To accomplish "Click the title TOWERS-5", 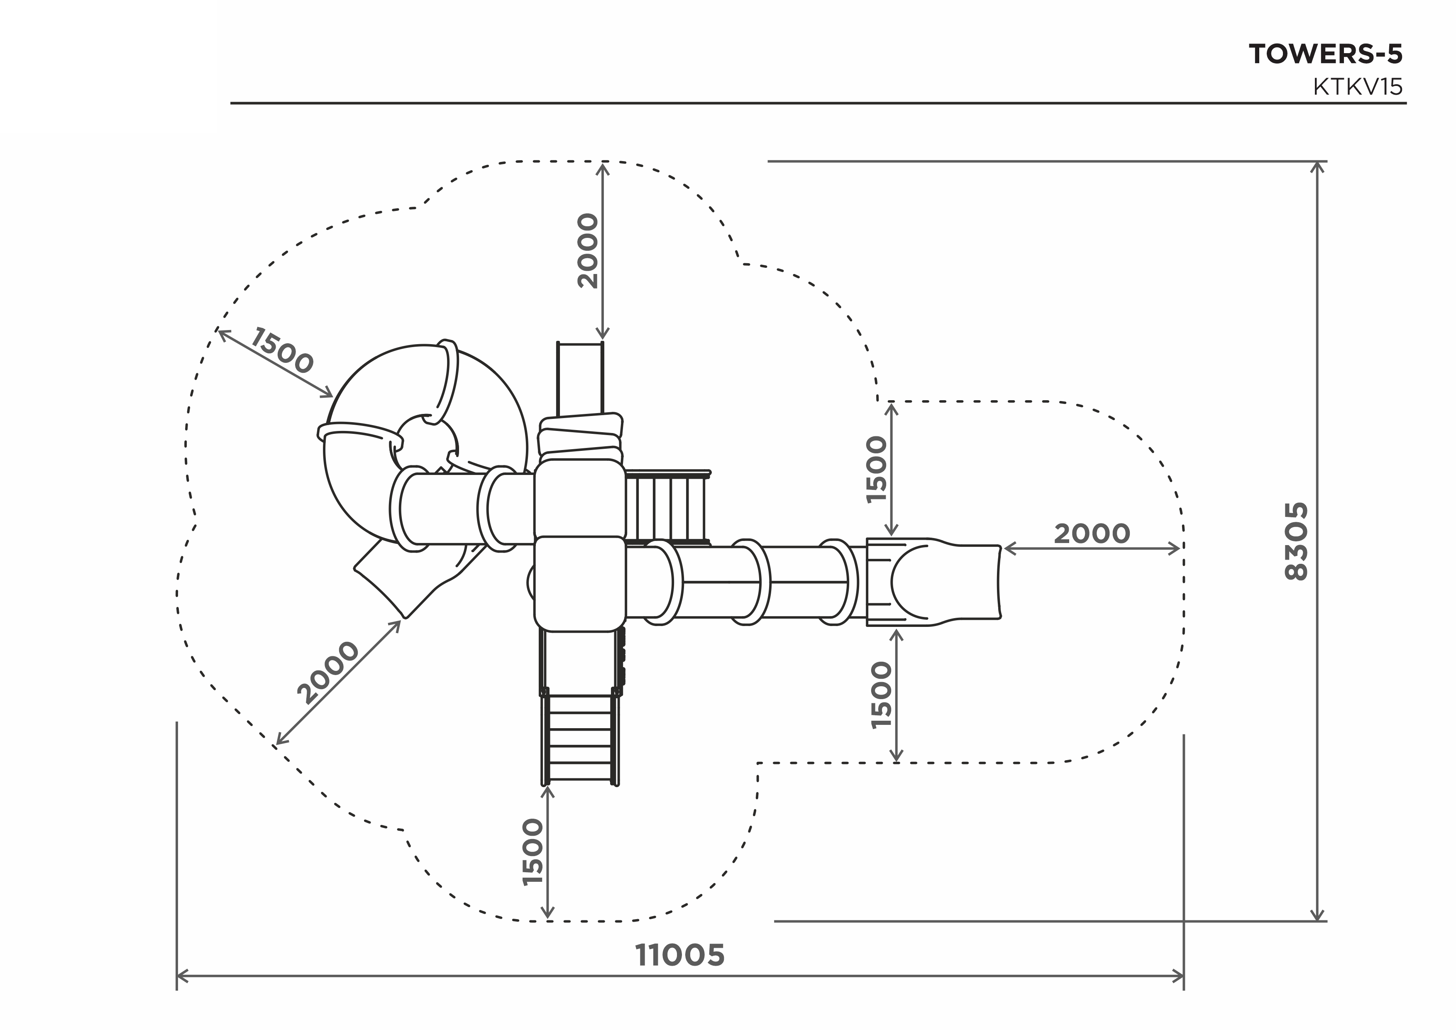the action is [x=1325, y=54].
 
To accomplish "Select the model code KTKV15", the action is [x=1358, y=87].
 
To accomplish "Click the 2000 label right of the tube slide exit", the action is [x=1092, y=534].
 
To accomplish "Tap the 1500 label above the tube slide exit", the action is [x=878, y=470].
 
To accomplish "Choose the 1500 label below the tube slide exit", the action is [x=882, y=695].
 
